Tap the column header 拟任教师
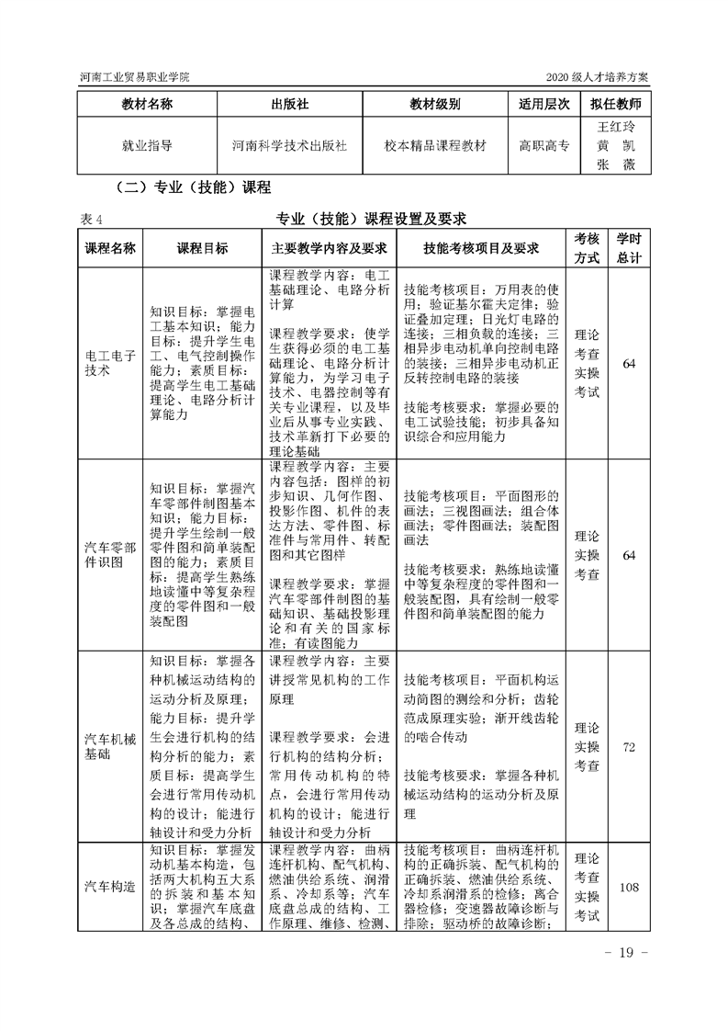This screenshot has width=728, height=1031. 616,104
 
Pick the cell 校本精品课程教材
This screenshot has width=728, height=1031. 436,145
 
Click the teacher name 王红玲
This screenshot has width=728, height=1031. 616,126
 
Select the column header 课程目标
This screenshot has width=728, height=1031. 202,248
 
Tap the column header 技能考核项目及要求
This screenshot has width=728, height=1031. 480,248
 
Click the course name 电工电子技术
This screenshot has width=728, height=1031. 109,362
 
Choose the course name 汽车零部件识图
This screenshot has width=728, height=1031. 109,555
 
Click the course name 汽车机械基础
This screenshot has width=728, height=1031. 109,745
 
